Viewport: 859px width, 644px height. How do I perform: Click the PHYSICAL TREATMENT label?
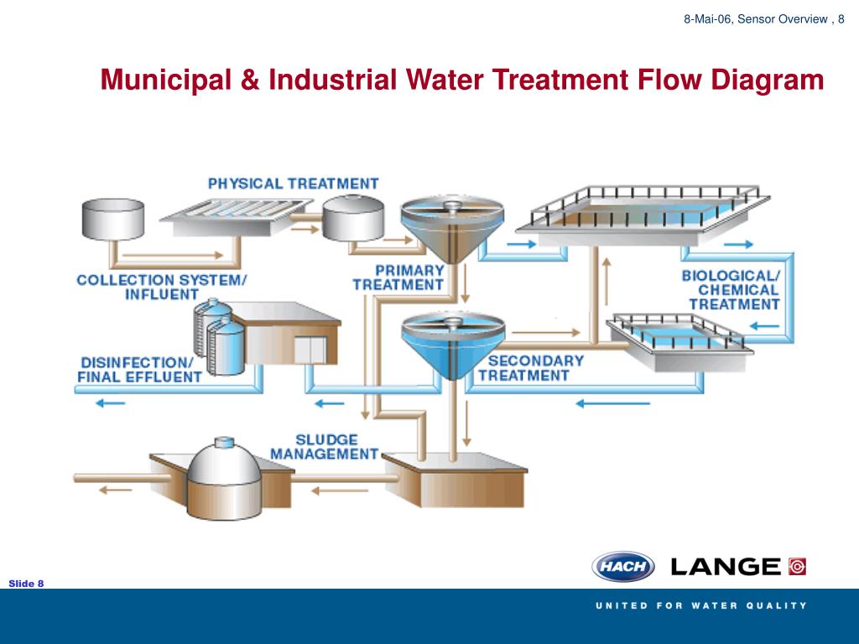293,183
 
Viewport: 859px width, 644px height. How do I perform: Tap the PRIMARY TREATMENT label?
398,278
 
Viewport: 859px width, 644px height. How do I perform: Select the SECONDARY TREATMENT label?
530,368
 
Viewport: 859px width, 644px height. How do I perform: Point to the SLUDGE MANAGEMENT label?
325,447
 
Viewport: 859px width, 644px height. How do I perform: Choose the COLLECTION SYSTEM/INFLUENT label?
161,287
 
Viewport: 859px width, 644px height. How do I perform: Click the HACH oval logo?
623,566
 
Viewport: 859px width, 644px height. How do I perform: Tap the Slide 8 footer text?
26,584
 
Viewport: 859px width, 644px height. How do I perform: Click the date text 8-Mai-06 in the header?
707,19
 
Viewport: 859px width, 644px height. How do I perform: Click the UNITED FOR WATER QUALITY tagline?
701,605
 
